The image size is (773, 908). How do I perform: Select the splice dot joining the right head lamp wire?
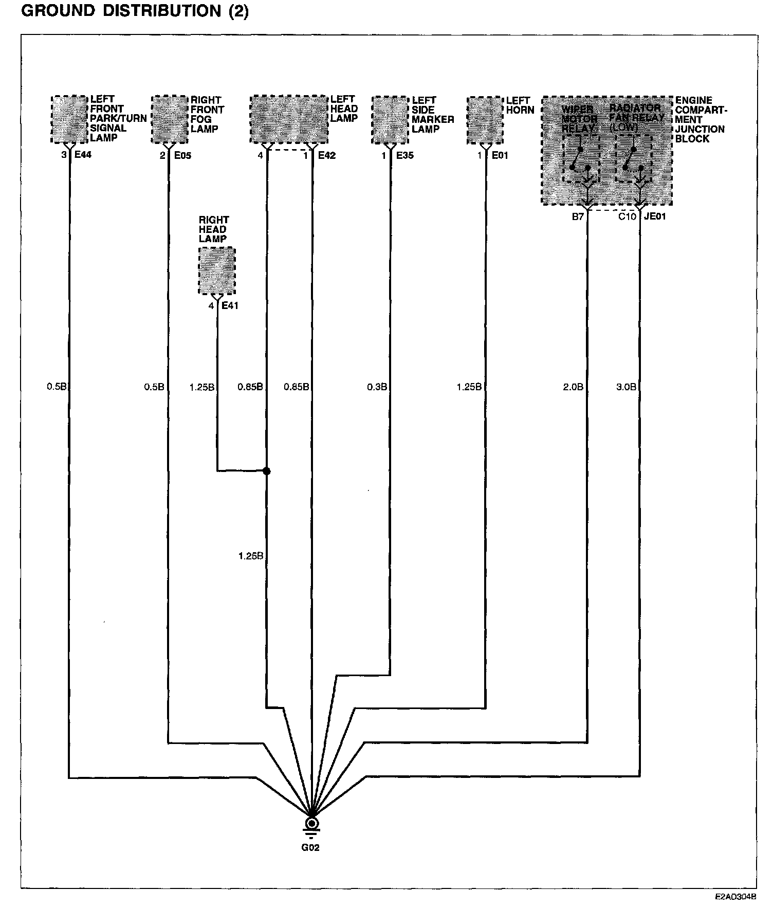point(266,471)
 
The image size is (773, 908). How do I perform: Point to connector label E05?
point(182,155)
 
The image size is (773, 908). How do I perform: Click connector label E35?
point(404,155)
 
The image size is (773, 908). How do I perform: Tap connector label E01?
point(500,155)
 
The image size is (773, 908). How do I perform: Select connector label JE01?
point(655,216)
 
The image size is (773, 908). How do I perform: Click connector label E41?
point(230,306)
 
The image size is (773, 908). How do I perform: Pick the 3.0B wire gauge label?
point(626,387)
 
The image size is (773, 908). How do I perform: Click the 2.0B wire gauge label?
point(573,387)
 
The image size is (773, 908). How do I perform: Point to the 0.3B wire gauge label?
point(377,387)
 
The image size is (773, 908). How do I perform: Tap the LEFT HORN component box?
point(485,120)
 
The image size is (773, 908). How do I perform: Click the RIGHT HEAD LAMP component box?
point(217,271)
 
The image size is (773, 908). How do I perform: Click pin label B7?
point(578,216)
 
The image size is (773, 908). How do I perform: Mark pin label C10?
point(627,216)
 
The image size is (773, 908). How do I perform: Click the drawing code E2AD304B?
point(735,897)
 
